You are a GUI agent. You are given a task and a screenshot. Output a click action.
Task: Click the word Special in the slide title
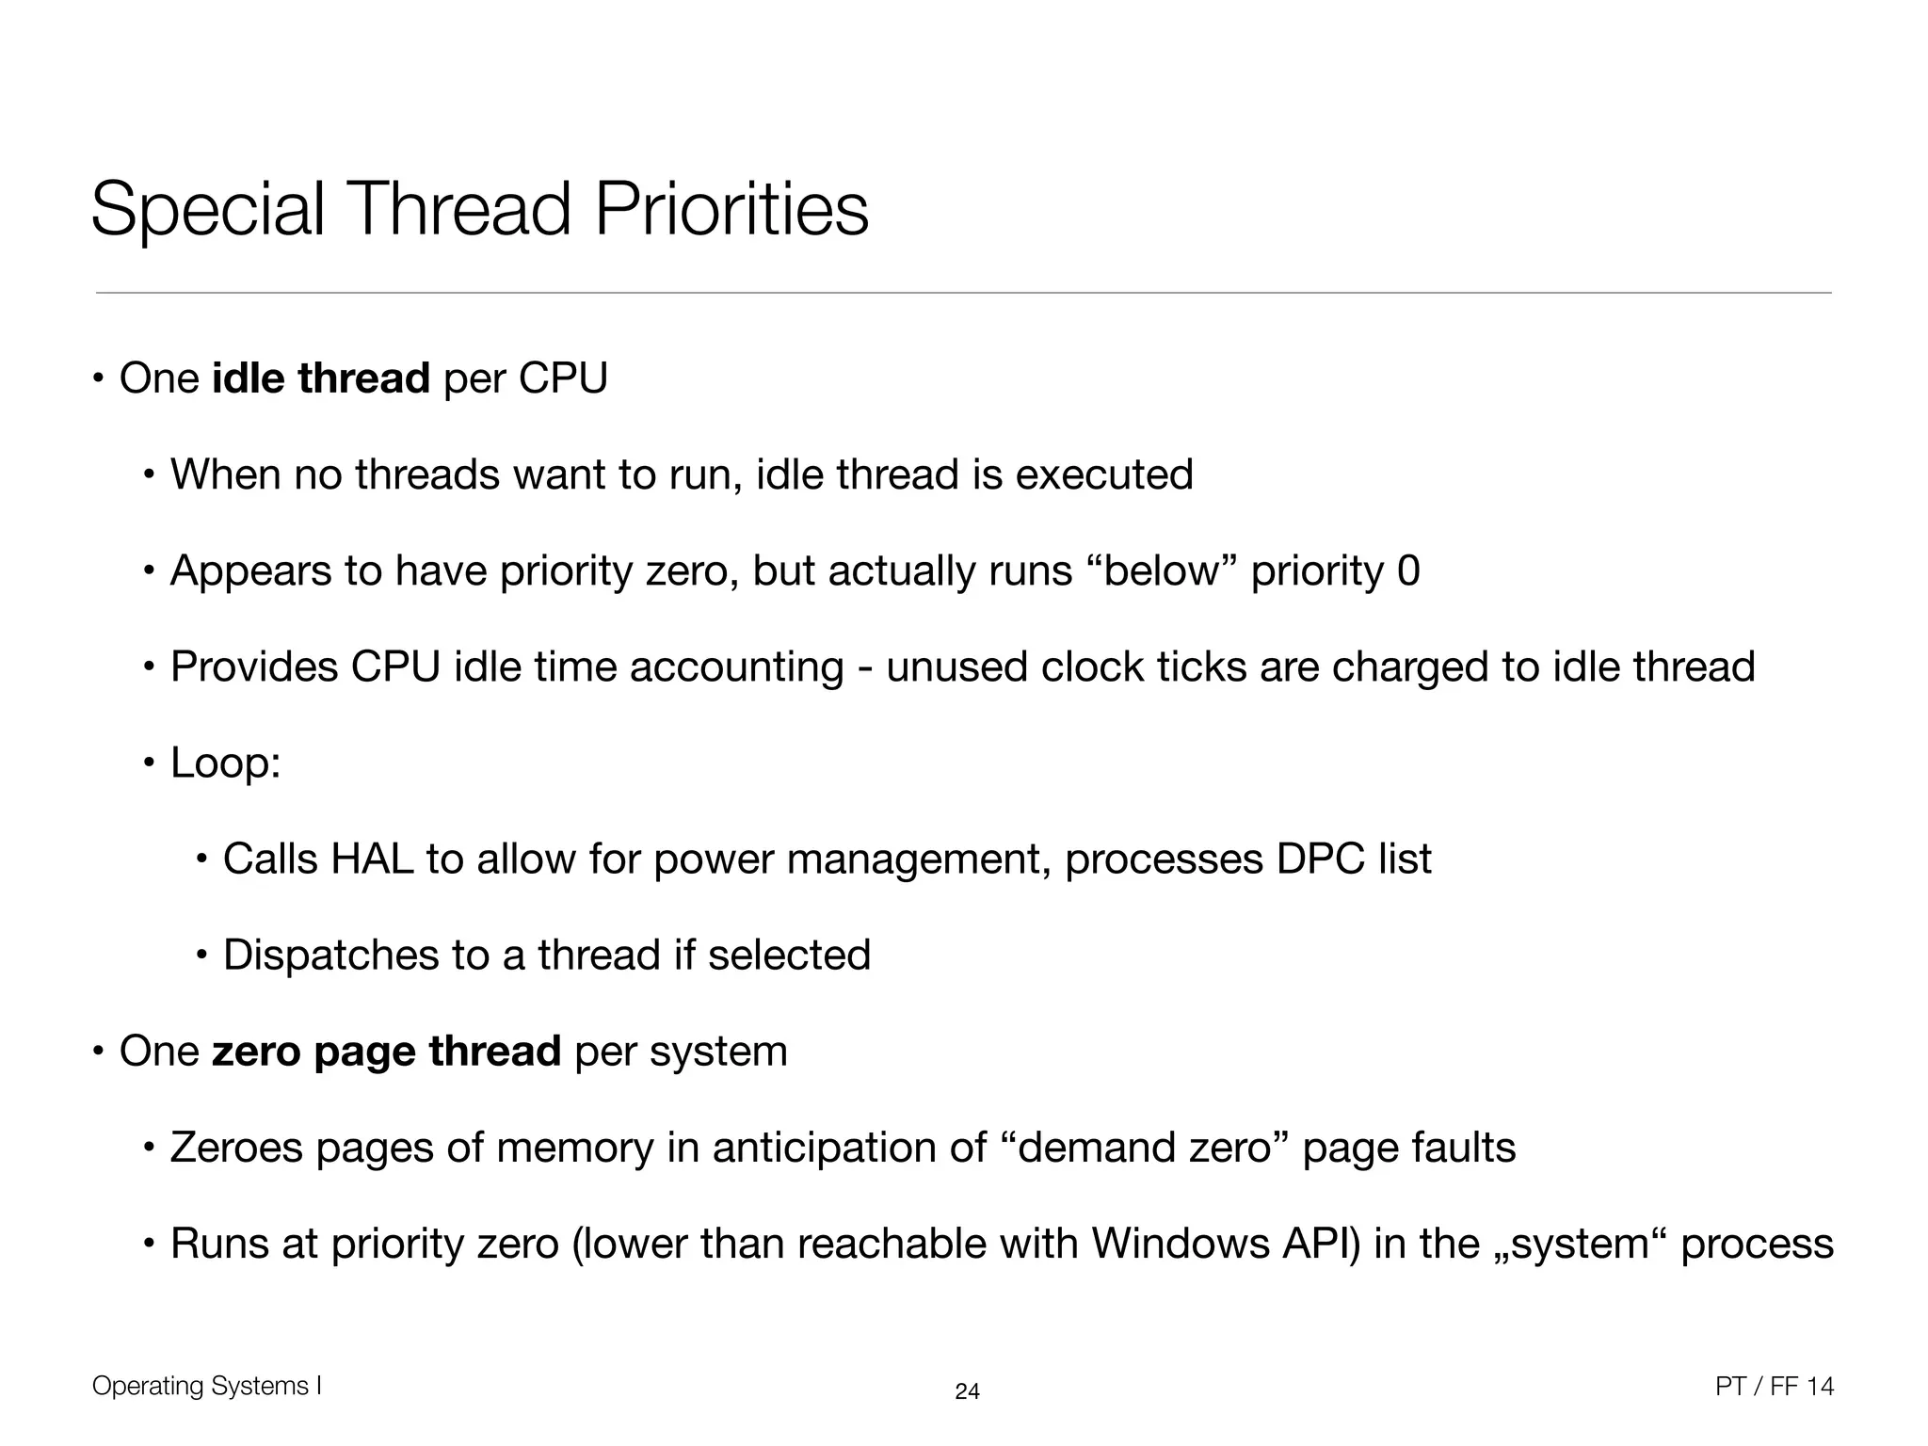(x=207, y=209)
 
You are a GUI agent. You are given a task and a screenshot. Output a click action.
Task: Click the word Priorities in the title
(x=731, y=209)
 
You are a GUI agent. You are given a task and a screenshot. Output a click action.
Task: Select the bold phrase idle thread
(x=321, y=378)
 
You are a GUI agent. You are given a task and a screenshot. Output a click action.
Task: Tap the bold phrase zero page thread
(x=387, y=1051)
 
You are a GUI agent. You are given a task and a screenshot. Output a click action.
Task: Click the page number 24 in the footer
(x=967, y=1391)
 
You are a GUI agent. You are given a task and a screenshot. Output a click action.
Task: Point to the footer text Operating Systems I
(x=207, y=1386)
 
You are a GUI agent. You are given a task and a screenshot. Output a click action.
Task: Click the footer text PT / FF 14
(x=1775, y=1387)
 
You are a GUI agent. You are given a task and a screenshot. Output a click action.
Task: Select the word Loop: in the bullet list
(x=226, y=763)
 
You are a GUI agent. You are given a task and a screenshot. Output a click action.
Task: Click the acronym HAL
(x=372, y=859)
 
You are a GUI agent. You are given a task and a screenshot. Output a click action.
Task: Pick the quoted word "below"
(x=1161, y=570)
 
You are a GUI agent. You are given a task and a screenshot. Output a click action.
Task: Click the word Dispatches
(x=330, y=955)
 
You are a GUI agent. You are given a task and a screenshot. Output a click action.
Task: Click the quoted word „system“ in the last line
(x=1563, y=1244)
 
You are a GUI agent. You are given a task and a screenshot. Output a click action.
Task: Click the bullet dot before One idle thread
(x=98, y=379)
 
